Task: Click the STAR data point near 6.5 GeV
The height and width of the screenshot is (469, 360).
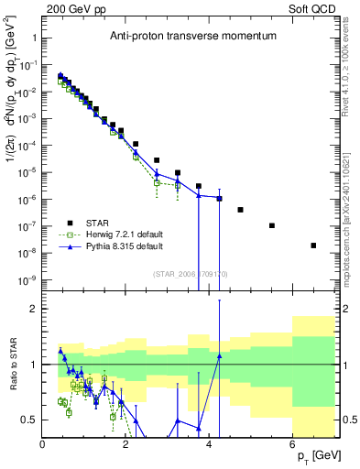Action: click(x=313, y=245)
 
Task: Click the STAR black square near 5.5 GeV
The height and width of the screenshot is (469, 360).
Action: click(x=272, y=225)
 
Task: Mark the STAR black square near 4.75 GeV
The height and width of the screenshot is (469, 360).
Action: click(x=240, y=210)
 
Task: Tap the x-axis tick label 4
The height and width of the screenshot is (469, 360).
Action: click(x=210, y=445)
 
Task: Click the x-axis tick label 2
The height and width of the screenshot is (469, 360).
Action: click(x=126, y=445)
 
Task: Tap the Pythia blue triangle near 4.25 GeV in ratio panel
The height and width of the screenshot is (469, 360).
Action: click(x=219, y=356)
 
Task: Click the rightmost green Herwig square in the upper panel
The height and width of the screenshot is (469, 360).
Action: click(x=178, y=185)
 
